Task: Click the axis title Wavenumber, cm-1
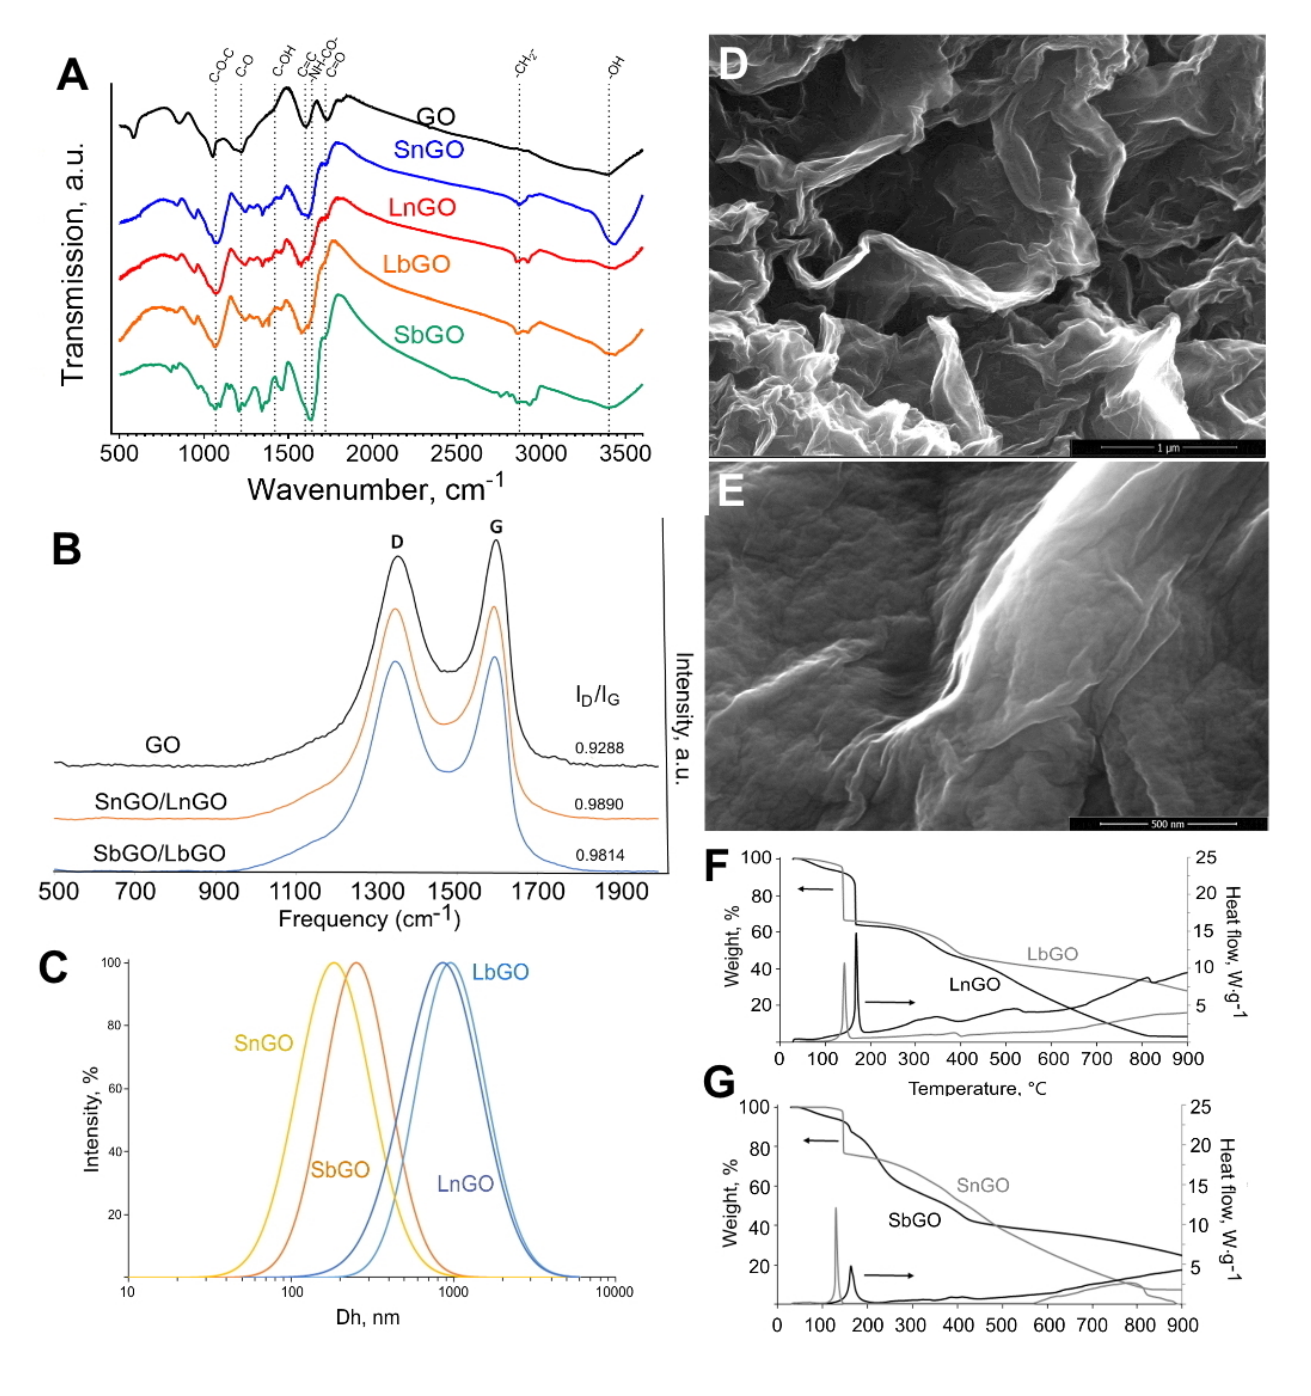pyautogui.click(x=376, y=488)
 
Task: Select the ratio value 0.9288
pyautogui.click(x=599, y=749)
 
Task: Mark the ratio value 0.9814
pyautogui.click(x=599, y=855)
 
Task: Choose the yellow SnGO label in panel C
pyautogui.click(x=263, y=1043)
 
